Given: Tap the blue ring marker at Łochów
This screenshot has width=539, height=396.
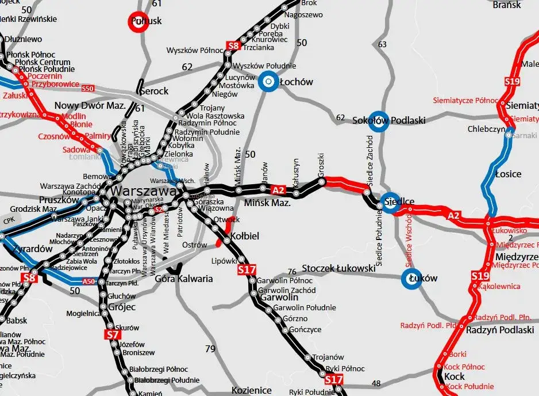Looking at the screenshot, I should tap(268, 82).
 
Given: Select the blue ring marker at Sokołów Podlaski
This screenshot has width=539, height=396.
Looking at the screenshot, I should tap(377, 120).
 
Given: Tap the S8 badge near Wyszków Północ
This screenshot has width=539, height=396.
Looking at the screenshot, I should tap(233, 45).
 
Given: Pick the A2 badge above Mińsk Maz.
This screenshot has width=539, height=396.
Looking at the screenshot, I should tap(278, 190).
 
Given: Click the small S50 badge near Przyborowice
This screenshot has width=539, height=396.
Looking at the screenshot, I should tap(88, 89).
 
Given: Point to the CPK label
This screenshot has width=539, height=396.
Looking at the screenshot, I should tap(7, 220).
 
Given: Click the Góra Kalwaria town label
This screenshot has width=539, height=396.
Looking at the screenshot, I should tap(184, 279).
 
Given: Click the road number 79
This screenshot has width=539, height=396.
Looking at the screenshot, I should tap(210, 348).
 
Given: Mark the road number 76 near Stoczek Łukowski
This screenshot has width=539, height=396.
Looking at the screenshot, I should tap(292, 271).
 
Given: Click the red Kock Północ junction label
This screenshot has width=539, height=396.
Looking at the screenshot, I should tap(465, 367).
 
